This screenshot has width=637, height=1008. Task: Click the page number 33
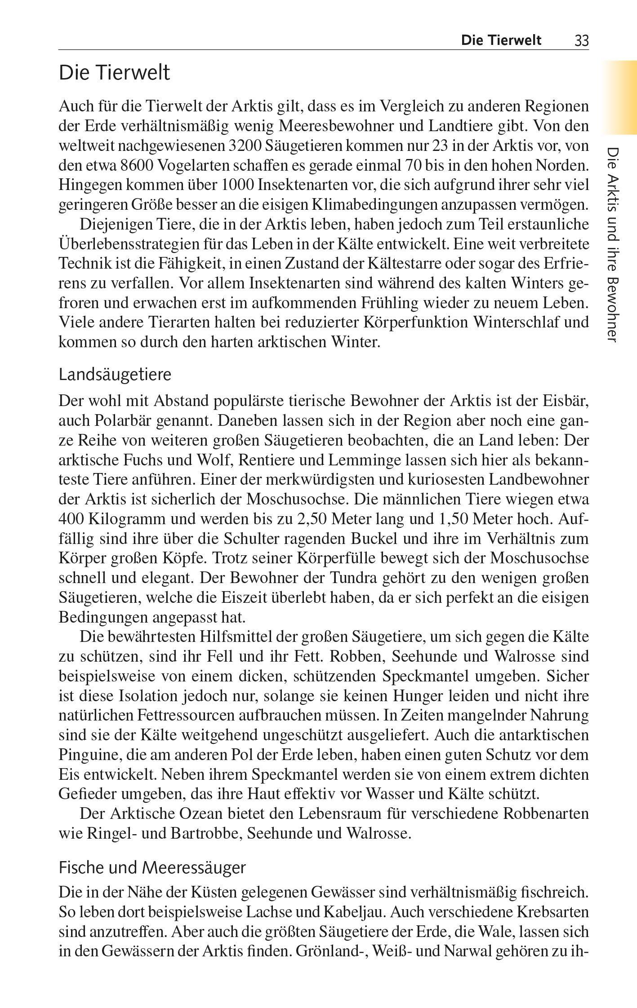(x=581, y=41)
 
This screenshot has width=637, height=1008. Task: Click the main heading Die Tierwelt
(x=114, y=73)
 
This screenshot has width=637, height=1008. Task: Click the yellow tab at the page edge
(x=620, y=97)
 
